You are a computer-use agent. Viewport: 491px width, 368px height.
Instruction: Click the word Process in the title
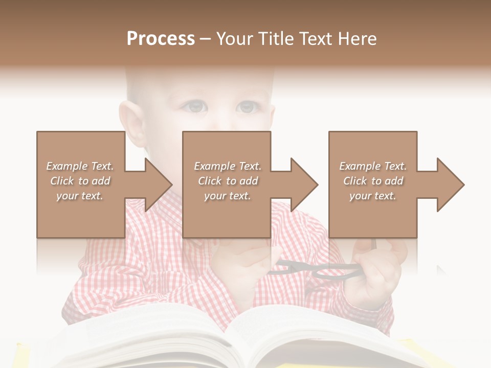point(161,39)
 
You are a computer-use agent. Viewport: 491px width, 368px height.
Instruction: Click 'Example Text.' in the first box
point(80,166)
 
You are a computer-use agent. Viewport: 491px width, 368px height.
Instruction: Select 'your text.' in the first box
point(80,196)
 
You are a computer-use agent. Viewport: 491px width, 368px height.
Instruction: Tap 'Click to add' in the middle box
point(228,181)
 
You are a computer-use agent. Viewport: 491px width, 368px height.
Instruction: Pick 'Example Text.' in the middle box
point(228,166)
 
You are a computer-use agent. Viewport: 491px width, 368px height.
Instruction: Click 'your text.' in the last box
point(373,196)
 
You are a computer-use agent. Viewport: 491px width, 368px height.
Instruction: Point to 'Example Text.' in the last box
point(373,166)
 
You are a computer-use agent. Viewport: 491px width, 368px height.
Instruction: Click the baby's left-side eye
point(195,106)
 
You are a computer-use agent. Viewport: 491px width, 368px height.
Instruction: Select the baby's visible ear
point(131,125)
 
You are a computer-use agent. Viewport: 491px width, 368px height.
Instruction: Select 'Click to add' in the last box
point(373,181)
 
